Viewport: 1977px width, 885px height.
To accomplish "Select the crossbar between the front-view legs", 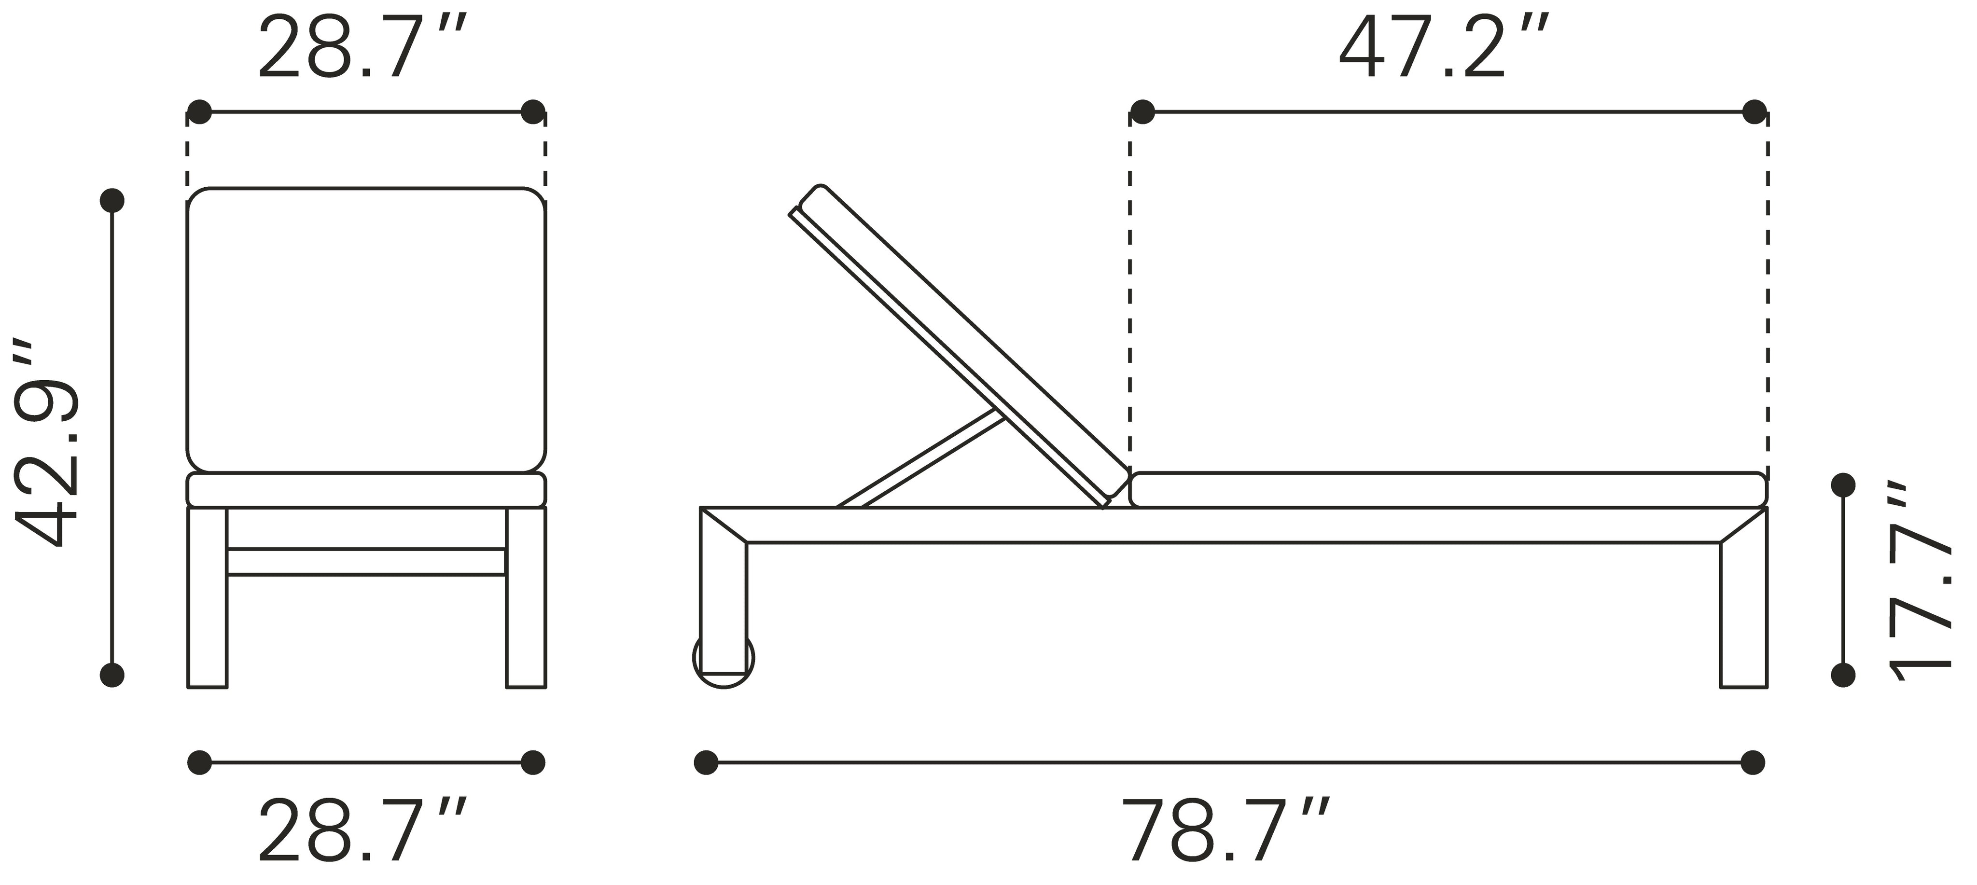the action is pos(366,562).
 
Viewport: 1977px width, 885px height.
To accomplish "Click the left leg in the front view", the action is pos(207,597).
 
